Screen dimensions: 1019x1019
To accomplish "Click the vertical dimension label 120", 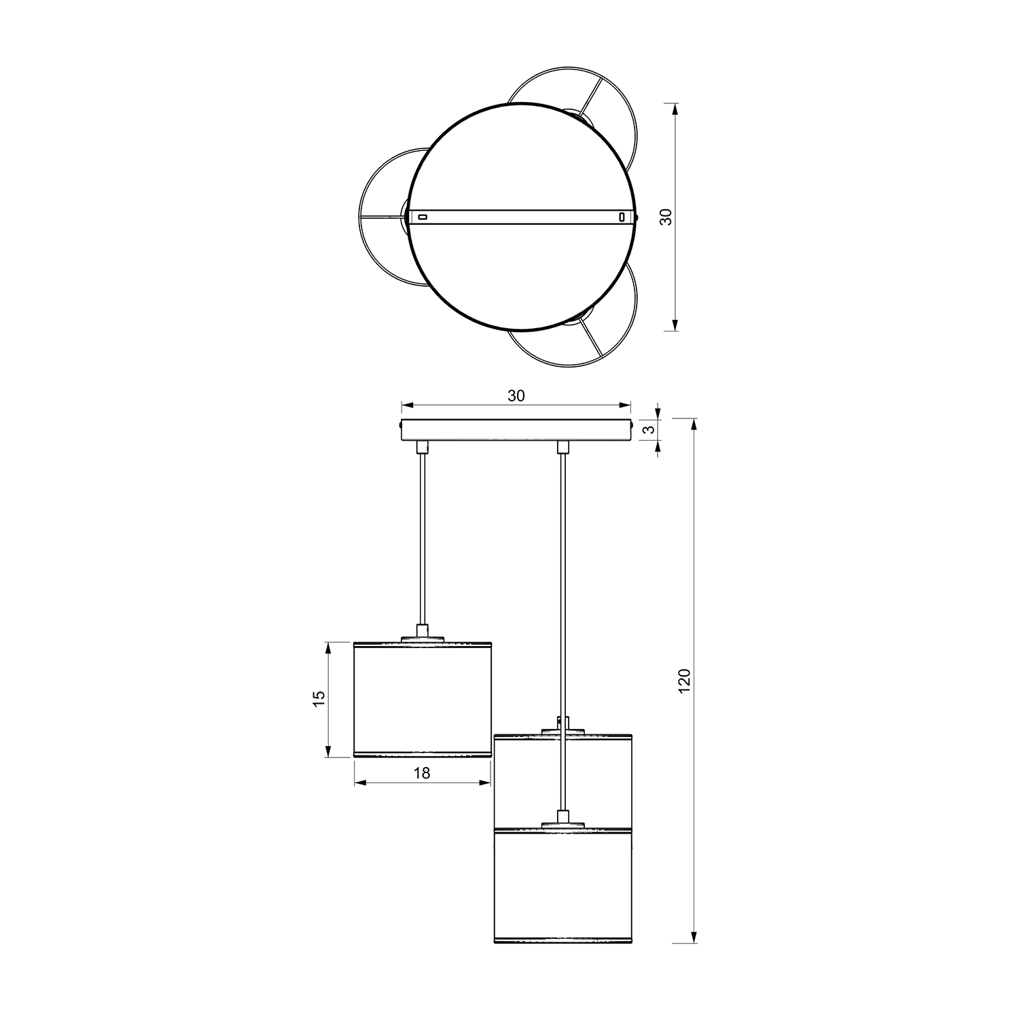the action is (684, 681).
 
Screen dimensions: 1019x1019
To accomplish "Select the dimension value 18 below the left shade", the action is (422, 772).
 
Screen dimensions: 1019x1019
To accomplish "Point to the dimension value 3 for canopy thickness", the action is (649, 429).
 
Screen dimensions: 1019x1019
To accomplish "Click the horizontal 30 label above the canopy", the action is (516, 396).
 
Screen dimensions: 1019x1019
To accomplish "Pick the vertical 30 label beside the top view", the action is (666, 217).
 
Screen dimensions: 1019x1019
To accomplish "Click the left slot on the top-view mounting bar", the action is (423, 217).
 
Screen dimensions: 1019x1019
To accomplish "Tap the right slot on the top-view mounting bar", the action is (621, 217).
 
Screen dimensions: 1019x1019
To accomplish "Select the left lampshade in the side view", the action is (422, 699).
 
